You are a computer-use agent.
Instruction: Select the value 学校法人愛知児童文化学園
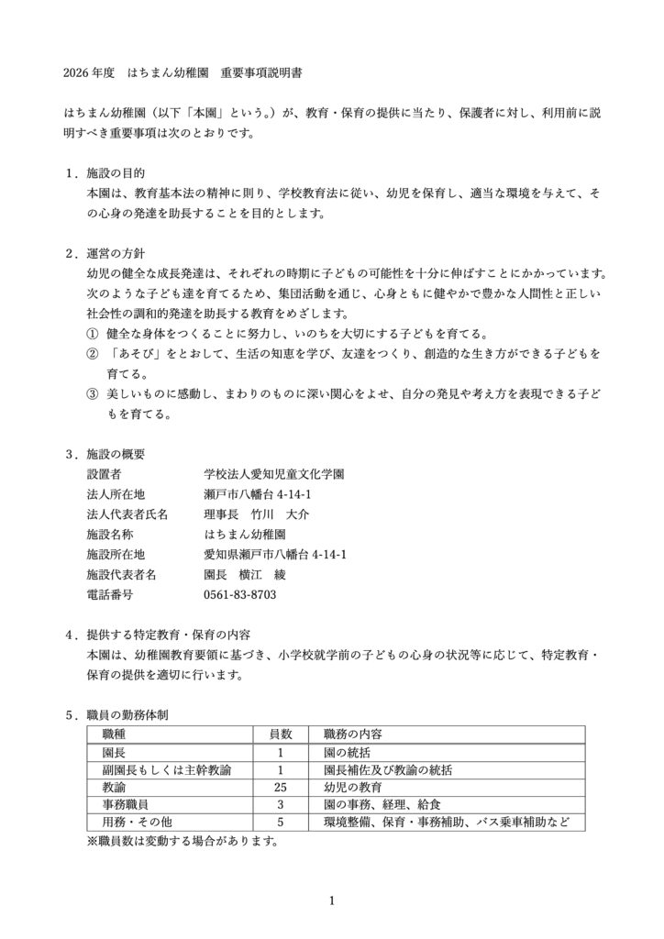coord(274,475)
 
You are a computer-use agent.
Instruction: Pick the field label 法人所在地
coord(116,495)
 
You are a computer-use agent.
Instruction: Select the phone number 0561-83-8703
coord(240,596)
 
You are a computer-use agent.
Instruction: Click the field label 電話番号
coord(109,596)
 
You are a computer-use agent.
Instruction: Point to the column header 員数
coord(280,735)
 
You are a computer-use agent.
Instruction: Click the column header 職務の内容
coord(353,735)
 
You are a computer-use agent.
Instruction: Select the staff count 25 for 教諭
coord(281,787)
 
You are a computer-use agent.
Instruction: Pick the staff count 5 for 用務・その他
coord(281,822)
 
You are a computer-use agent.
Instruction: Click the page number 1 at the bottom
coord(332,901)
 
